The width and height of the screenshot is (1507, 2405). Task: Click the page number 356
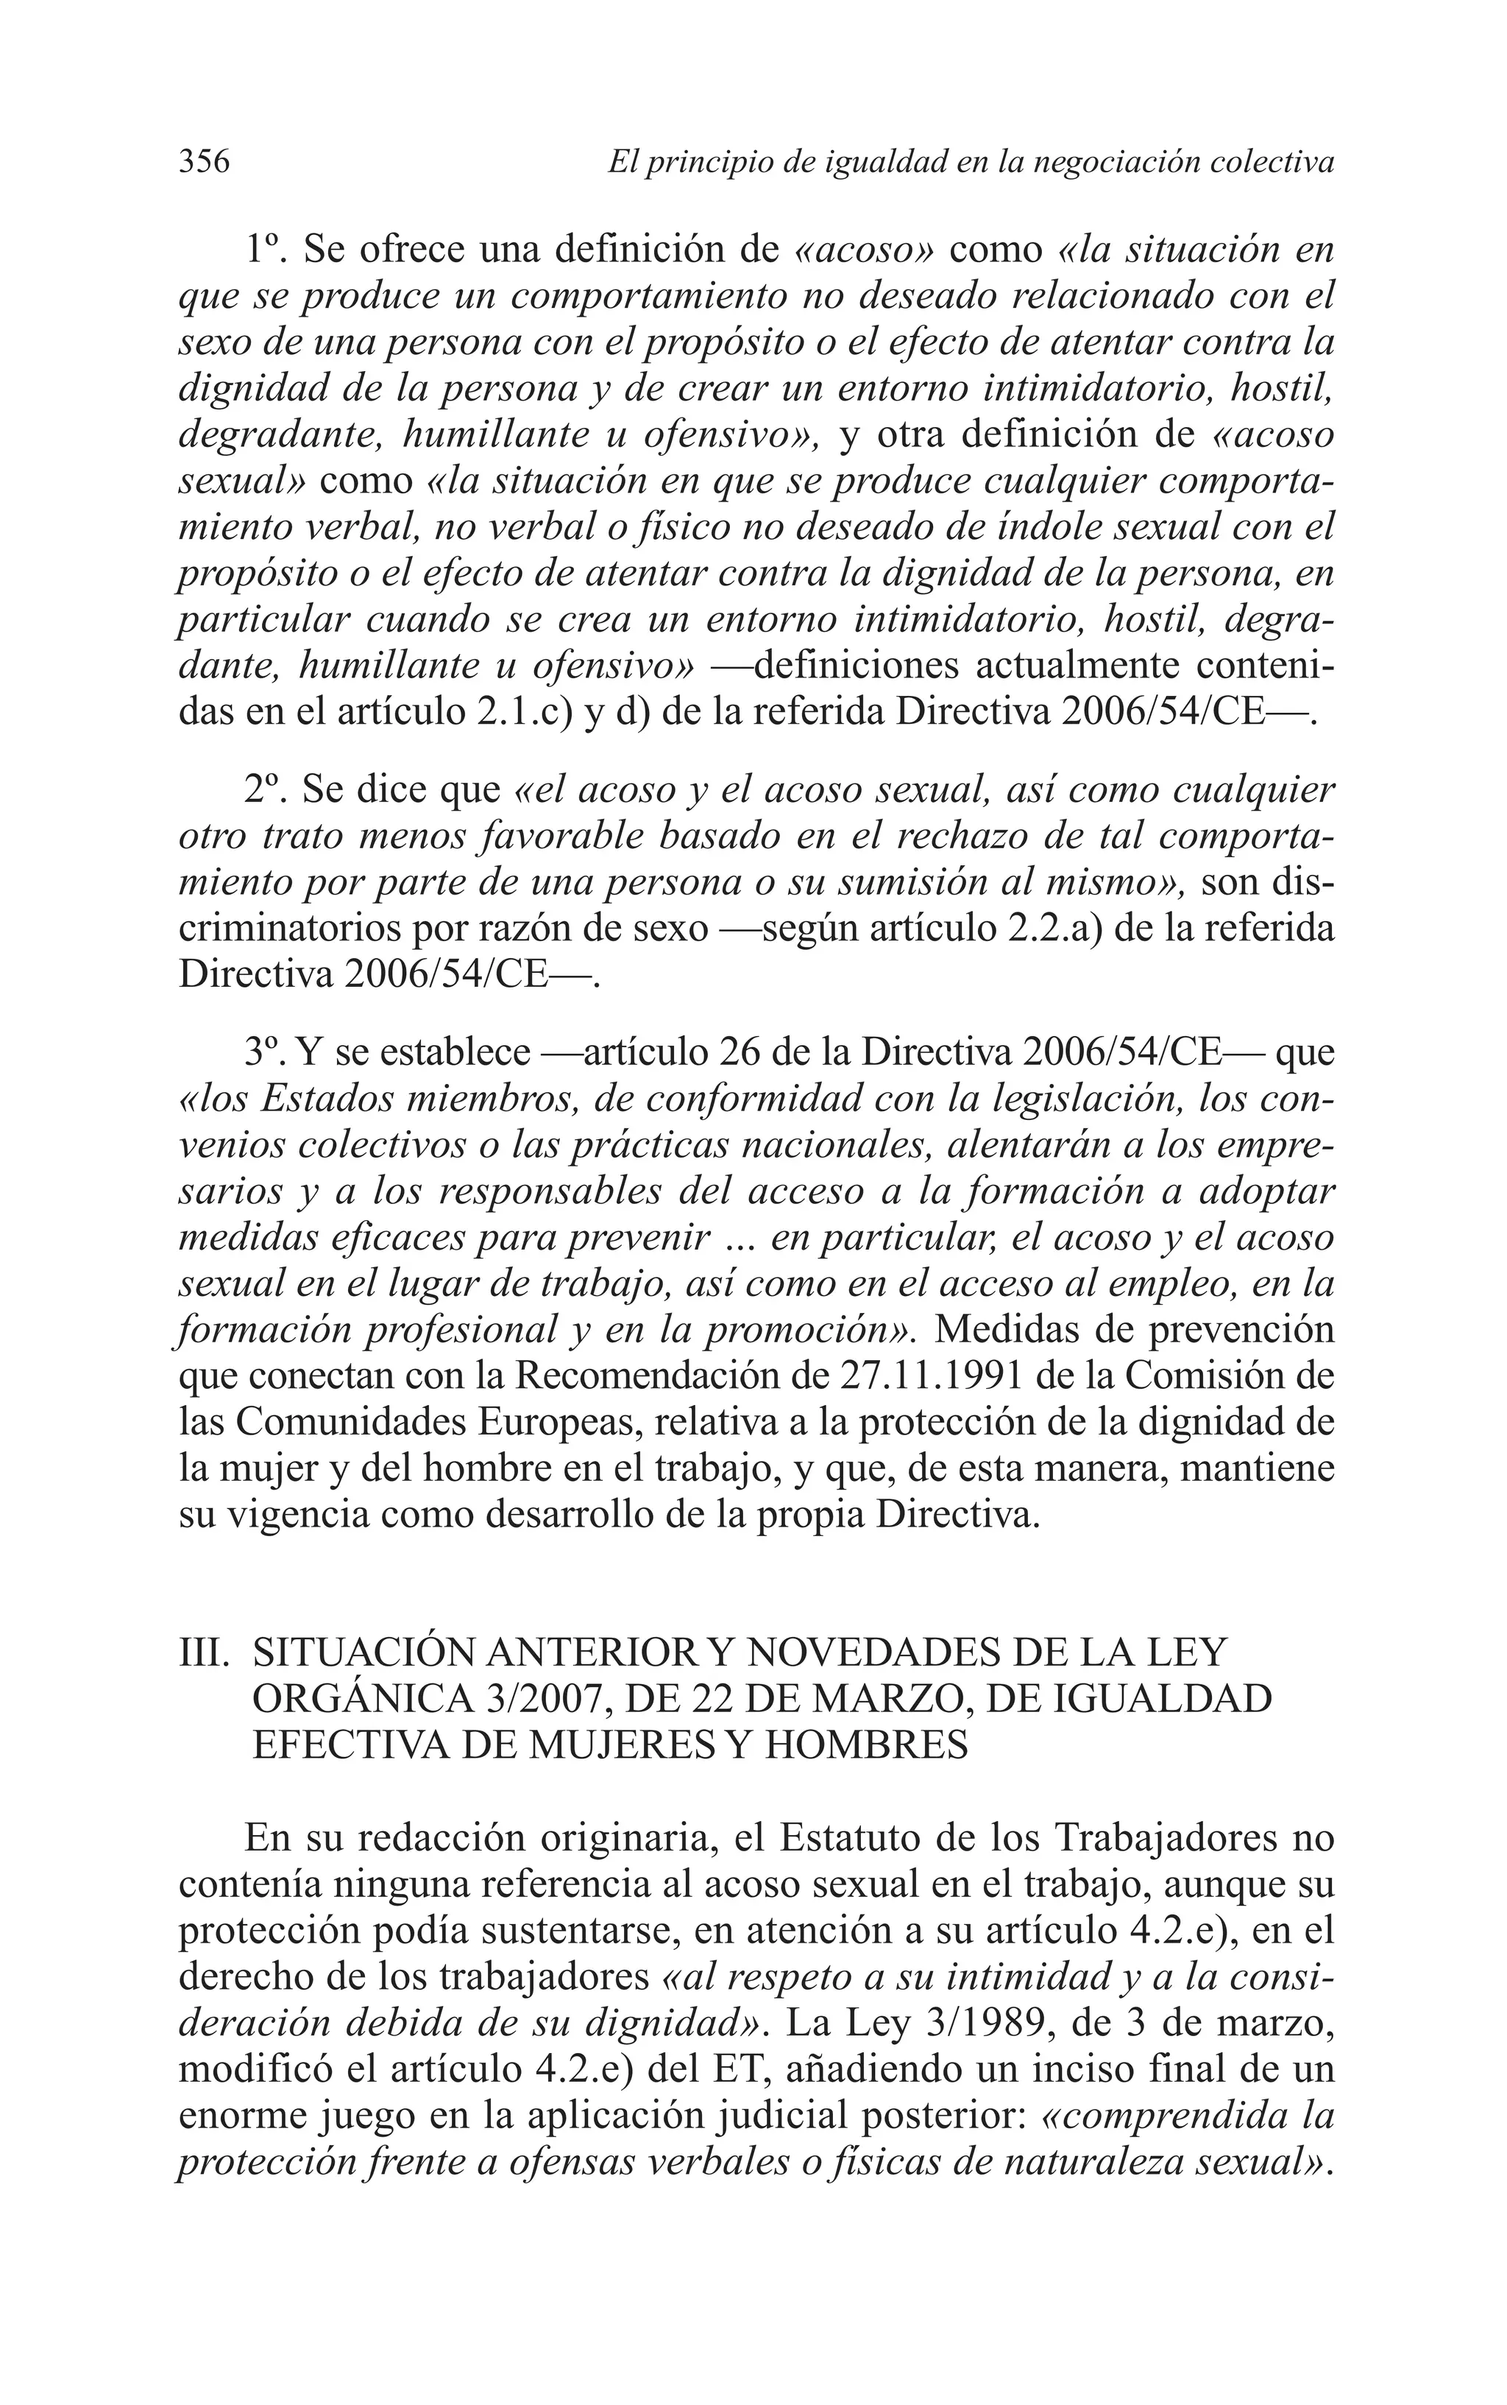[x=205, y=161]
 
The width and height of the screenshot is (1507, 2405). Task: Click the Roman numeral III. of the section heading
[x=205, y=1653]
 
